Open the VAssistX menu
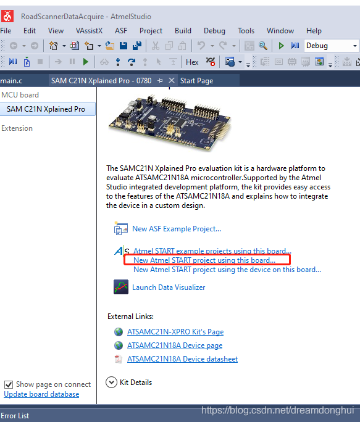pyautogui.click(x=89, y=31)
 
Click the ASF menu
pyautogui.click(x=120, y=31)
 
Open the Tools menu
pyautogui.click(x=246, y=31)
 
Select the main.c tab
pyautogui.click(x=11, y=81)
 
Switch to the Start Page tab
pyautogui.click(x=197, y=81)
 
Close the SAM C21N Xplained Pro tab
pyautogui.click(x=172, y=80)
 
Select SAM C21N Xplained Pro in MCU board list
pyautogui.click(x=46, y=109)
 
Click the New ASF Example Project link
pyautogui.click(x=177, y=229)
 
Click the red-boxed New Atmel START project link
pyautogui.click(x=204, y=260)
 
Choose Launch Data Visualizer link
pyautogui.click(x=169, y=288)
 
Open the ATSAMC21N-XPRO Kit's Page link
pyautogui.click(x=175, y=332)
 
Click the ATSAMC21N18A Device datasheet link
pyautogui.click(x=182, y=359)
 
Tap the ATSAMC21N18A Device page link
pyautogui.click(x=175, y=345)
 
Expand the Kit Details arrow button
pyautogui.click(x=111, y=382)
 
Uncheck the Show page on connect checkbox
pyautogui.click(x=9, y=384)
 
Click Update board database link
pyautogui.click(x=41, y=394)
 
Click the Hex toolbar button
pyautogui.click(x=192, y=62)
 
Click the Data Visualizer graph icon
pyautogui.click(x=121, y=287)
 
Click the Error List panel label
pyautogui.click(x=15, y=416)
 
